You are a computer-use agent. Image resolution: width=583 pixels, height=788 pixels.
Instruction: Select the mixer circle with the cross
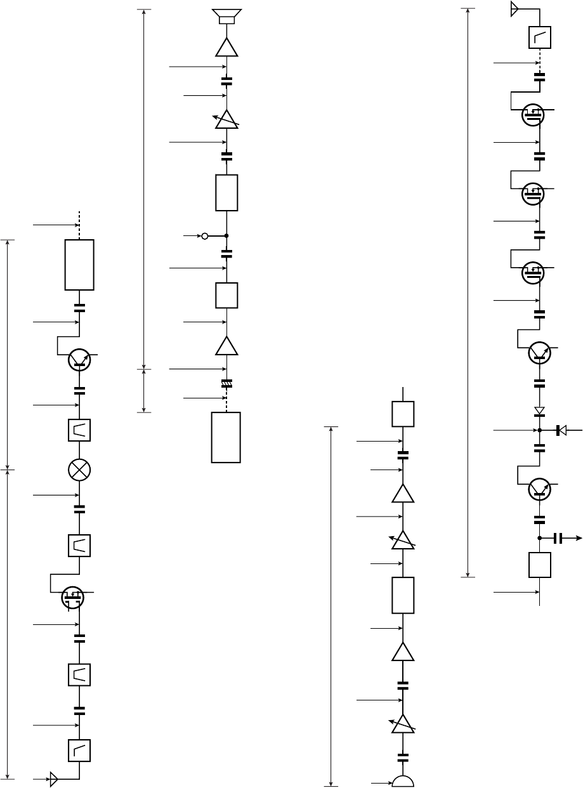pyautogui.click(x=79, y=470)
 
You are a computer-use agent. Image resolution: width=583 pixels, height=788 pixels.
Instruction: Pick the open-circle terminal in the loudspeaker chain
pyautogui.click(x=204, y=236)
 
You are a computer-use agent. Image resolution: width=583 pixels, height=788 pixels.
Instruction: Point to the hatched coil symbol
pyautogui.click(x=226, y=383)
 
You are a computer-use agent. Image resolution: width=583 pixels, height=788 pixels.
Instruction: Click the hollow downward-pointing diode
pyautogui.click(x=540, y=410)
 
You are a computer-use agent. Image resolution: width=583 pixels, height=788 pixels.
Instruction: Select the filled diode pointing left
pyautogui.click(x=561, y=430)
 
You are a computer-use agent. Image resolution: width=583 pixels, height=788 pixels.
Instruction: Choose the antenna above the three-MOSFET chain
pyautogui.click(x=514, y=9)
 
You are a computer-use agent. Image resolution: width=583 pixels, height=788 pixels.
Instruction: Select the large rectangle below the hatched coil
pyautogui.click(x=226, y=437)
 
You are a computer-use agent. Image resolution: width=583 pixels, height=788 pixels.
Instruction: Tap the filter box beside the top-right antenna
pyautogui.click(x=540, y=37)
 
